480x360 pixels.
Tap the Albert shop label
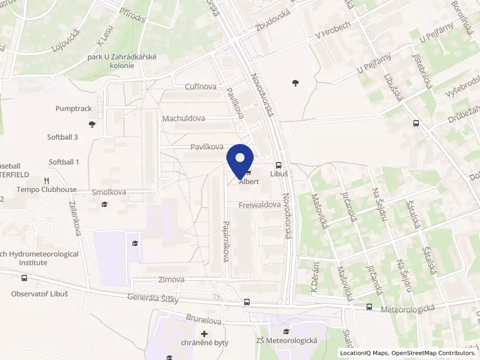(249, 182)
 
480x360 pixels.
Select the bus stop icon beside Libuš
(279, 165)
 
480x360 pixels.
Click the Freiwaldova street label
(260, 205)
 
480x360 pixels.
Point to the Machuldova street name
(184, 119)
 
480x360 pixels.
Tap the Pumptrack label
(73, 109)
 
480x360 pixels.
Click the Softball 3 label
(63, 137)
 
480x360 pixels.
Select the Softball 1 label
(64, 162)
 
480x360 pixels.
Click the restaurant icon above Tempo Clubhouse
(46, 181)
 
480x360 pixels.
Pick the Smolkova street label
(109, 193)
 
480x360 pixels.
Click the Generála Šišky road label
(153, 298)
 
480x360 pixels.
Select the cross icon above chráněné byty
(205, 333)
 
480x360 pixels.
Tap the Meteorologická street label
(408, 308)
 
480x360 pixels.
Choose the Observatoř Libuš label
(40, 294)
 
